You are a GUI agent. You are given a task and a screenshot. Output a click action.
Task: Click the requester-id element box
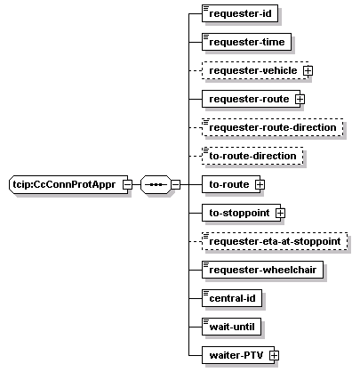pyautogui.click(x=240, y=13)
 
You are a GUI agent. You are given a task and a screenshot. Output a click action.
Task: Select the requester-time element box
pyautogui.click(x=246, y=42)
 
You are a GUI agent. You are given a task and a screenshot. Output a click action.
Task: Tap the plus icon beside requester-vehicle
pyautogui.click(x=308, y=70)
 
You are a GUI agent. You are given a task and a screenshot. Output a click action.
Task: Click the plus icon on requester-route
pyautogui.click(x=300, y=99)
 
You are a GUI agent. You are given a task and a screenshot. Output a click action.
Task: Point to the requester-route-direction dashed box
pyautogui.click(x=273, y=127)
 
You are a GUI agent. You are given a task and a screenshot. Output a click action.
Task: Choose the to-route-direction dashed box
pyautogui.click(x=252, y=156)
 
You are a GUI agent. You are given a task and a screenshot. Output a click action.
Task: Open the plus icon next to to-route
pyautogui.click(x=260, y=184)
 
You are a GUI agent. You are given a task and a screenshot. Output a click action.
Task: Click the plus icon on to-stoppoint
pyautogui.click(x=280, y=213)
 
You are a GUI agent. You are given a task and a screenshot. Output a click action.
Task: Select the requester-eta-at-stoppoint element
pyautogui.click(x=275, y=241)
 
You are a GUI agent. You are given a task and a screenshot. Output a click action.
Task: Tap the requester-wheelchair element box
pyautogui.click(x=262, y=270)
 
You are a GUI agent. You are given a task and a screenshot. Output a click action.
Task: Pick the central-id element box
pyautogui.click(x=232, y=298)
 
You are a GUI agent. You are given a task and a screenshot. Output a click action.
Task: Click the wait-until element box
pyautogui.click(x=231, y=327)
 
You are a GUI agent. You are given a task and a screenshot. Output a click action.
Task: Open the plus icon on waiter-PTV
pyautogui.click(x=274, y=355)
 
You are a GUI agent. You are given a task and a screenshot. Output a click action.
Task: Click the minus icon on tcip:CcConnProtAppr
pyautogui.click(x=128, y=184)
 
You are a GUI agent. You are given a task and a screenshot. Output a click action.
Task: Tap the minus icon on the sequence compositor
pyautogui.click(x=175, y=184)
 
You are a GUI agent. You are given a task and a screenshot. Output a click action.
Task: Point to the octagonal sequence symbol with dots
pyautogui.click(x=156, y=184)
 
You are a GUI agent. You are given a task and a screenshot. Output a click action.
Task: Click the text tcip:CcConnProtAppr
pyautogui.click(x=64, y=184)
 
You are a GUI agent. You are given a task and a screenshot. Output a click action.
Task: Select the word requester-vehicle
pyautogui.click(x=253, y=70)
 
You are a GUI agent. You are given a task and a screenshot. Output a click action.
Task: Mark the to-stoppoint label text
pyautogui.click(x=239, y=213)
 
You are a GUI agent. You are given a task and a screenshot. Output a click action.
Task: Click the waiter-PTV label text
pyautogui.click(x=236, y=355)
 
